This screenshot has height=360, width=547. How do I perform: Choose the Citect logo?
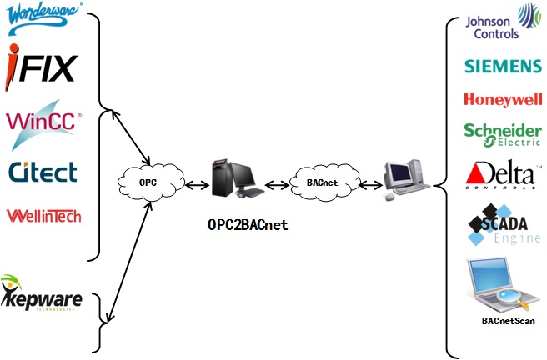tap(43, 172)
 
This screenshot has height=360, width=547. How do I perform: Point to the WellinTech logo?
tap(44, 215)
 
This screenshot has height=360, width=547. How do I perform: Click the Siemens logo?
tap(502, 67)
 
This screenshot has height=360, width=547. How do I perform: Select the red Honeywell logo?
tap(502, 100)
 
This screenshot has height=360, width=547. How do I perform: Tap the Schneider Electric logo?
tap(502, 132)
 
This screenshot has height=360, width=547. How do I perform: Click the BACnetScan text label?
tap(508, 320)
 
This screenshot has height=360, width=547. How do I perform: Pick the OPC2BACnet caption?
tap(247, 224)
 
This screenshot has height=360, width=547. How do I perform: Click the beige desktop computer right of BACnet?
tap(405, 178)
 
